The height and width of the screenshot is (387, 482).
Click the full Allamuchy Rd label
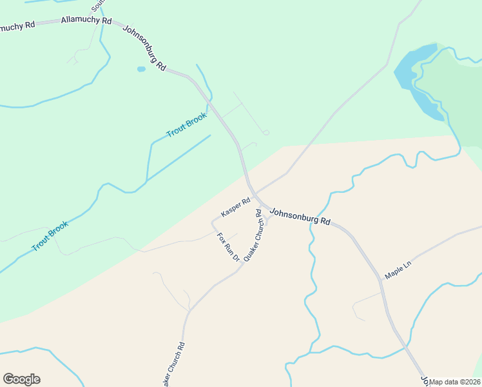(x=86, y=21)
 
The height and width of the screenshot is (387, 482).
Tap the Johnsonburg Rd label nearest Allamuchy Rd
(x=144, y=48)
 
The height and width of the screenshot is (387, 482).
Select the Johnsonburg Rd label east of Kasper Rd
(x=300, y=216)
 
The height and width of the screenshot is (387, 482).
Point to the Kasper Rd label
(x=235, y=208)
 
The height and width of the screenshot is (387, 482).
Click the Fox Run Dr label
(x=228, y=246)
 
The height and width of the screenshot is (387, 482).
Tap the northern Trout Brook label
(x=186, y=125)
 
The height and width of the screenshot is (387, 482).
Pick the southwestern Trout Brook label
(x=50, y=237)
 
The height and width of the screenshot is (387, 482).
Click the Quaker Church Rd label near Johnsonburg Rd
(x=255, y=235)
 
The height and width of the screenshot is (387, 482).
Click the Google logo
(x=21, y=379)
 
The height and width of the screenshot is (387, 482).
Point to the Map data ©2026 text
(x=454, y=382)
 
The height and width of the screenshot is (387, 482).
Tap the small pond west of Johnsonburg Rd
(x=141, y=68)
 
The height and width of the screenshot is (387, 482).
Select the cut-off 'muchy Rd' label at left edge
(x=17, y=27)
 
